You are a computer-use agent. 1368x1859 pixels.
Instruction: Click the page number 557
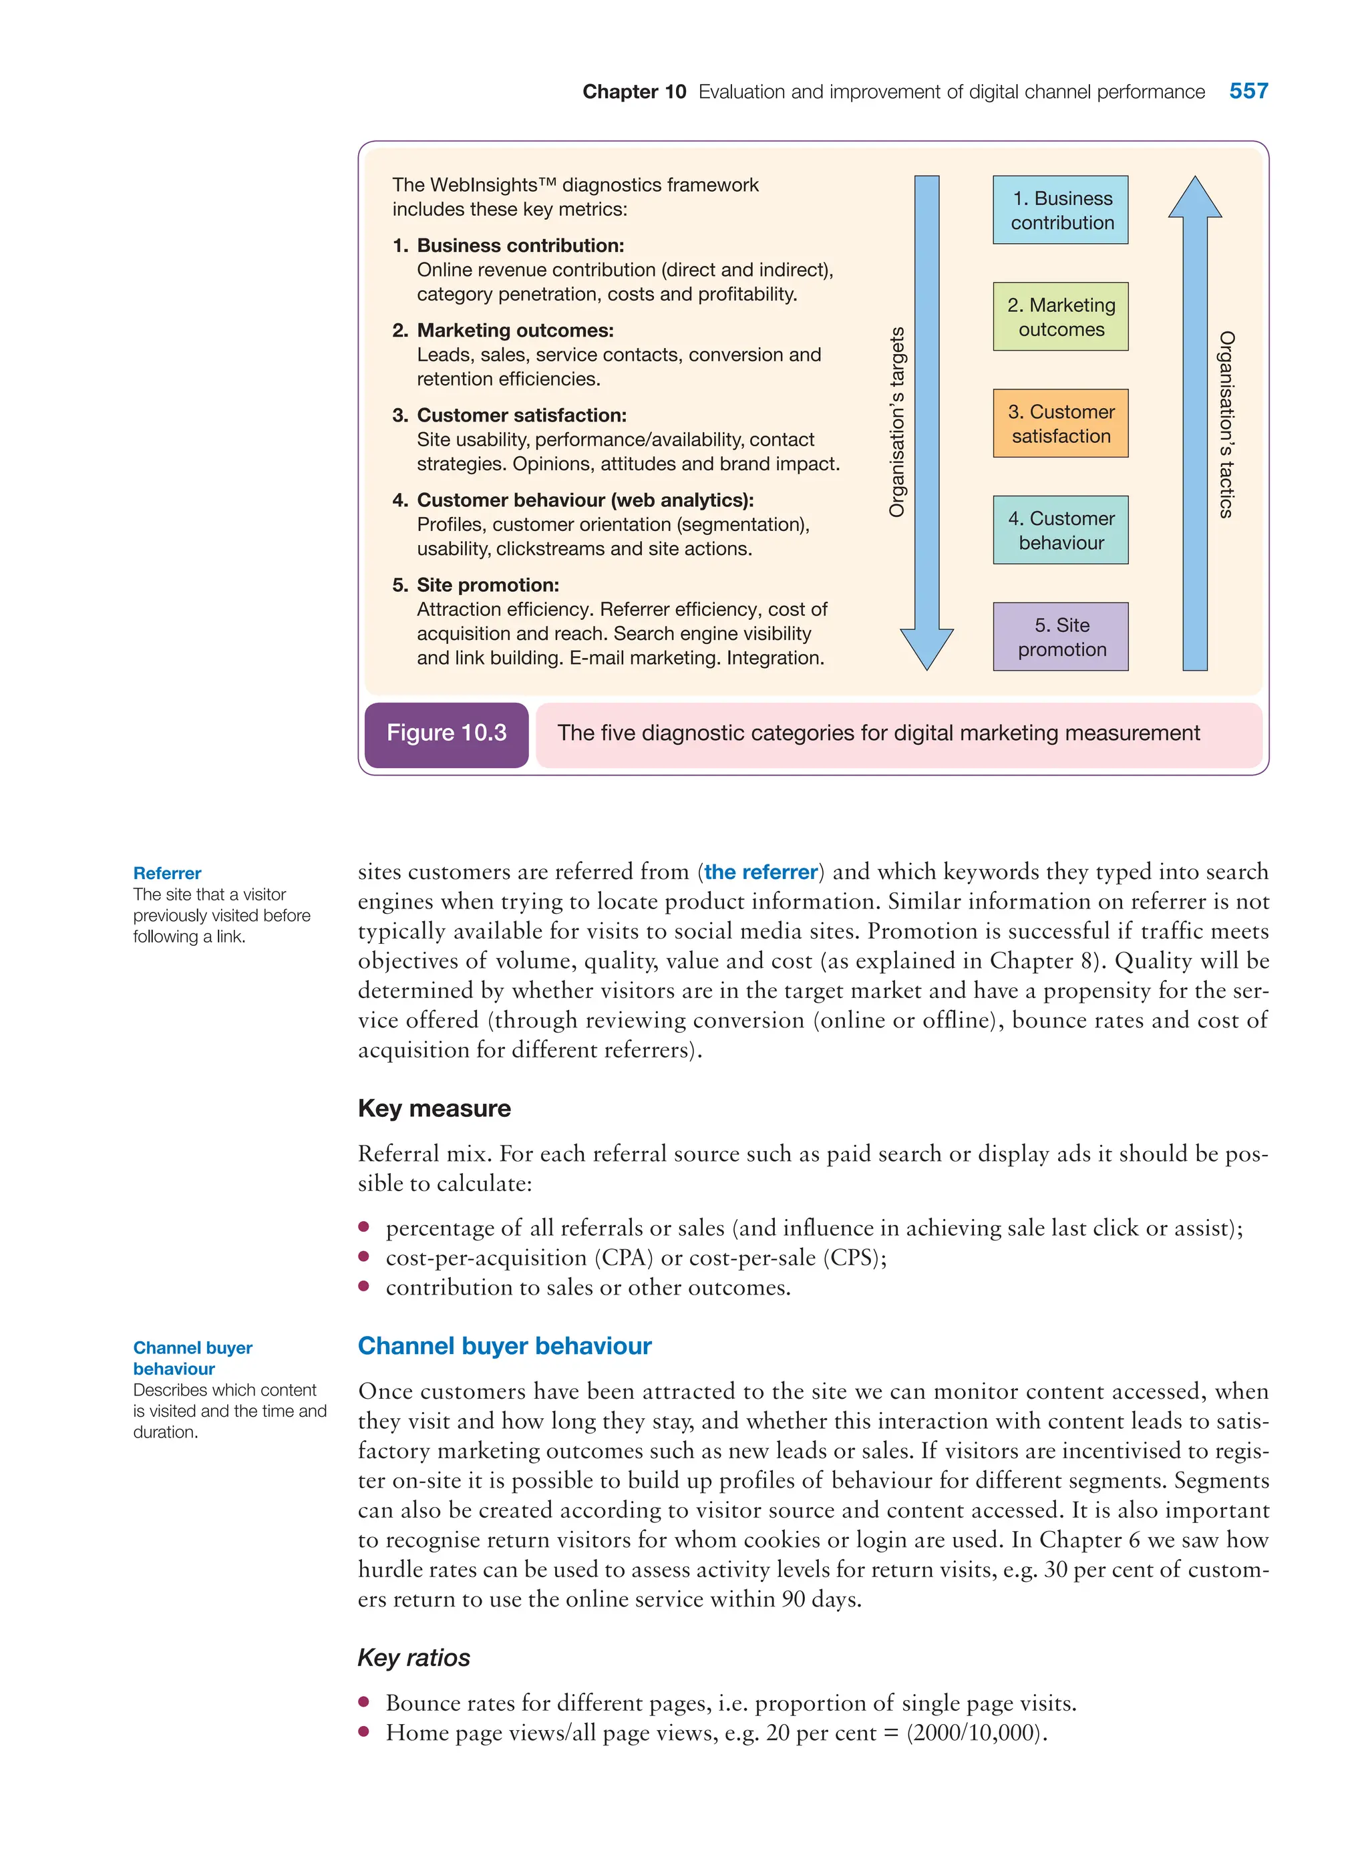1248,91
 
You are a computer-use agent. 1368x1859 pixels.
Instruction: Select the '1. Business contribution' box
1060,210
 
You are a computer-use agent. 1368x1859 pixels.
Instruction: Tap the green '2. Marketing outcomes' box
1060,317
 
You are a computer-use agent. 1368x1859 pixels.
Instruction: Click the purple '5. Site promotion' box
1060,636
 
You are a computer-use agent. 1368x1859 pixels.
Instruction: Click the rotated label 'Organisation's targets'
897,422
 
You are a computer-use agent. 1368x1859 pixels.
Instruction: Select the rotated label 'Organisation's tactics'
1226,424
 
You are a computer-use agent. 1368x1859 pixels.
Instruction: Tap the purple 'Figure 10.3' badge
446,733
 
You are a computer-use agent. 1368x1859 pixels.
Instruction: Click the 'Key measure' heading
434,1108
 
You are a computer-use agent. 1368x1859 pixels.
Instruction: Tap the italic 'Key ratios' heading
413,1657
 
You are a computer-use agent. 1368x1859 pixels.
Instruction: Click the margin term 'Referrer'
167,873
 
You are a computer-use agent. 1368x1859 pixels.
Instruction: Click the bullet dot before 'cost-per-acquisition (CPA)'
363,1256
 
